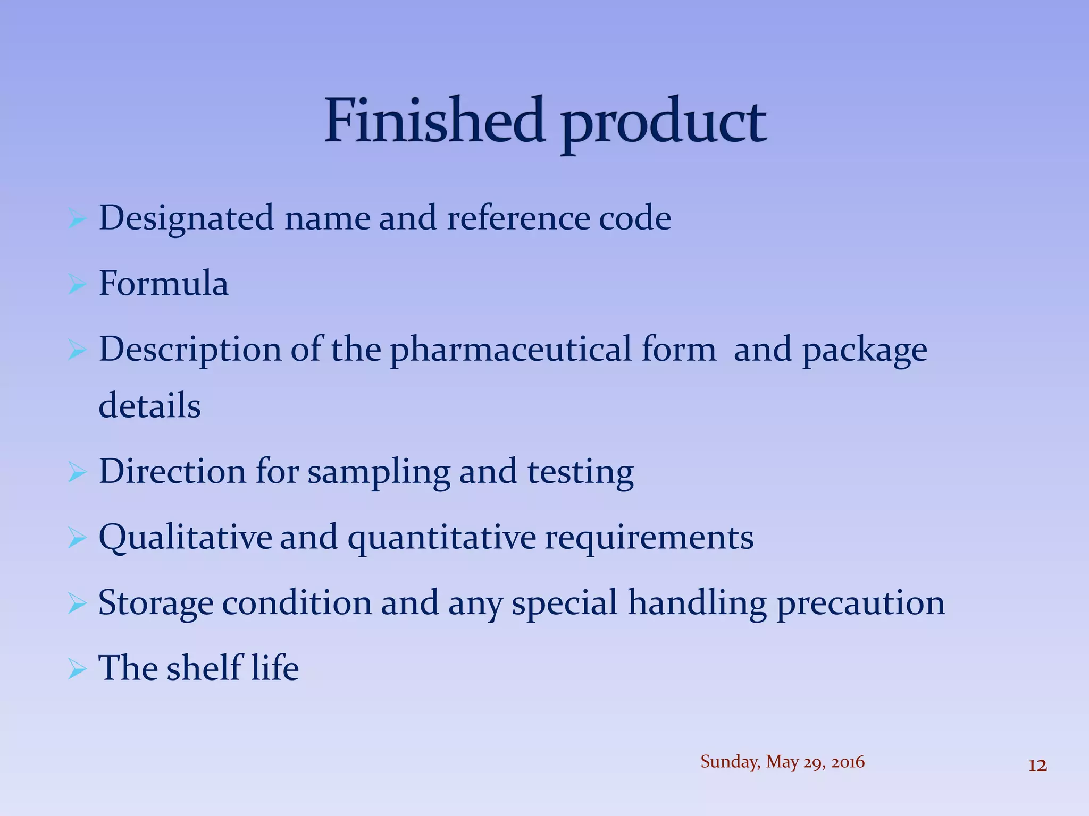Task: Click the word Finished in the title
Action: (x=434, y=121)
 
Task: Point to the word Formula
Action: (x=164, y=284)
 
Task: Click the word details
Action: (x=150, y=406)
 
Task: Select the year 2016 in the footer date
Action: (x=848, y=762)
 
